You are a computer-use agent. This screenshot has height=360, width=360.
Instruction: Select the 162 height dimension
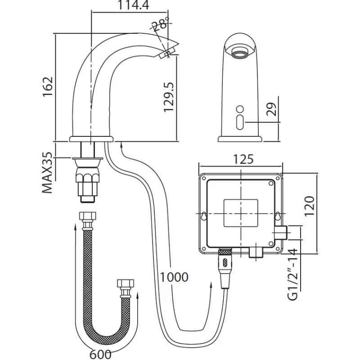click(48, 87)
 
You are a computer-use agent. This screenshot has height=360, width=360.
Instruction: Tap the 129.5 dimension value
click(168, 97)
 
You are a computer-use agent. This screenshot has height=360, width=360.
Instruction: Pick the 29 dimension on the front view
click(270, 109)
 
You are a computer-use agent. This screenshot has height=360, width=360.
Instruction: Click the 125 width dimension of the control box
click(243, 159)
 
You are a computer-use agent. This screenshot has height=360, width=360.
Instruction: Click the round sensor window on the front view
click(239, 108)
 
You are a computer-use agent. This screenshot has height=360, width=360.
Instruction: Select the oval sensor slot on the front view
click(239, 121)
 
